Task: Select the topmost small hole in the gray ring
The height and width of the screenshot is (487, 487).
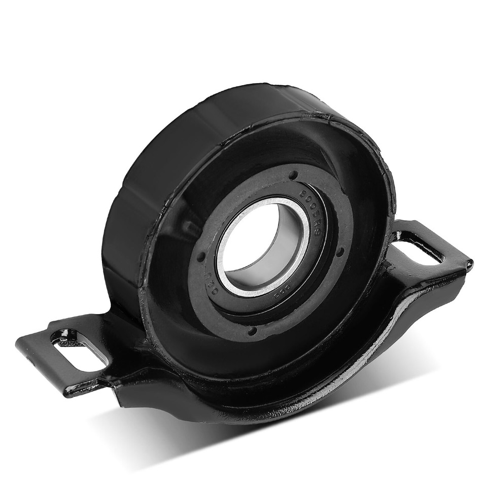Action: [x=293, y=176]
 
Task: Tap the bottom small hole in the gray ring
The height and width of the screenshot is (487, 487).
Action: [x=252, y=331]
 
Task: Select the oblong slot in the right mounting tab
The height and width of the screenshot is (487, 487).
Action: [x=417, y=247]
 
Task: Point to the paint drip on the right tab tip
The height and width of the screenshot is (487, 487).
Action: [x=470, y=263]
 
